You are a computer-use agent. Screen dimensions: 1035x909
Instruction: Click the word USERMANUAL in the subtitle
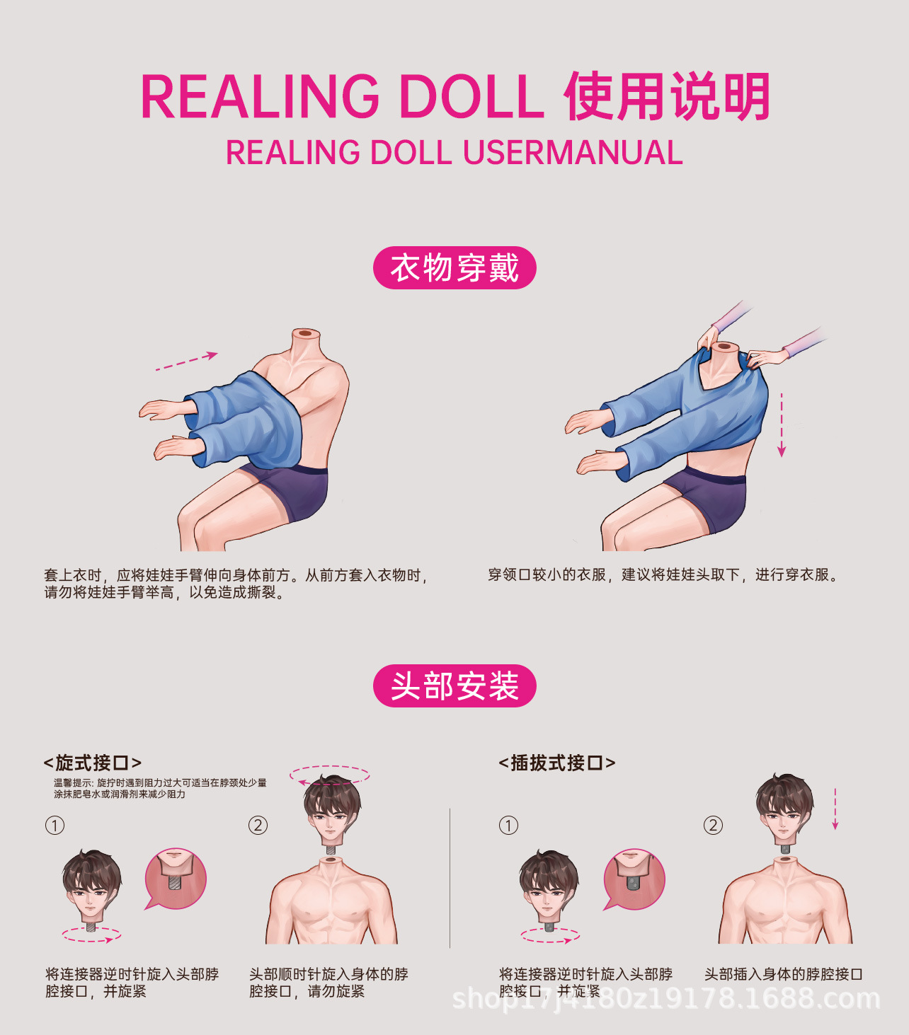click(x=573, y=153)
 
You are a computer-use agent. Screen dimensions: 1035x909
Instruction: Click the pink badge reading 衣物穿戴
click(x=455, y=268)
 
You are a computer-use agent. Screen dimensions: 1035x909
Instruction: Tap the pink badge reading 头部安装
click(x=455, y=686)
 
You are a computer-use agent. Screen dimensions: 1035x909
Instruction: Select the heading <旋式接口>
click(x=93, y=763)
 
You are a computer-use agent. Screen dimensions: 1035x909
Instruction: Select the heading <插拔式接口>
click(x=556, y=763)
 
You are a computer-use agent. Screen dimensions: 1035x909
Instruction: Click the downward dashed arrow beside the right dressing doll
click(x=782, y=424)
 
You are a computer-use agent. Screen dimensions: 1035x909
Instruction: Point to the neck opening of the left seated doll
click(x=306, y=333)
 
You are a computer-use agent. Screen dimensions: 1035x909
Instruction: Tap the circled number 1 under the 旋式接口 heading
click(x=55, y=826)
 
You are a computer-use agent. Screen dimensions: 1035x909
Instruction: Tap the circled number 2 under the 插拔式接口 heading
click(x=713, y=826)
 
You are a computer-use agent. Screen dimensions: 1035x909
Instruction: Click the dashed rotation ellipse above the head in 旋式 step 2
click(x=330, y=775)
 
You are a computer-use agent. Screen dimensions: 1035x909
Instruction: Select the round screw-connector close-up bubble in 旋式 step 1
click(x=176, y=879)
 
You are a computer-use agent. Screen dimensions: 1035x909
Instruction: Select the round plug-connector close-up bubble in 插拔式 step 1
click(x=634, y=879)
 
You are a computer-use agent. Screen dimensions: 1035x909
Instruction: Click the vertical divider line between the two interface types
click(x=450, y=877)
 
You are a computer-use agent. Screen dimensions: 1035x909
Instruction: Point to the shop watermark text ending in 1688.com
click(x=665, y=999)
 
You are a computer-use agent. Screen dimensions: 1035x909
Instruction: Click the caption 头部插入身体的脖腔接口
click(x=783, y=974)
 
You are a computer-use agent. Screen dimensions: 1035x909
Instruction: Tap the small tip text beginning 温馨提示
click(x=160, y=788)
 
